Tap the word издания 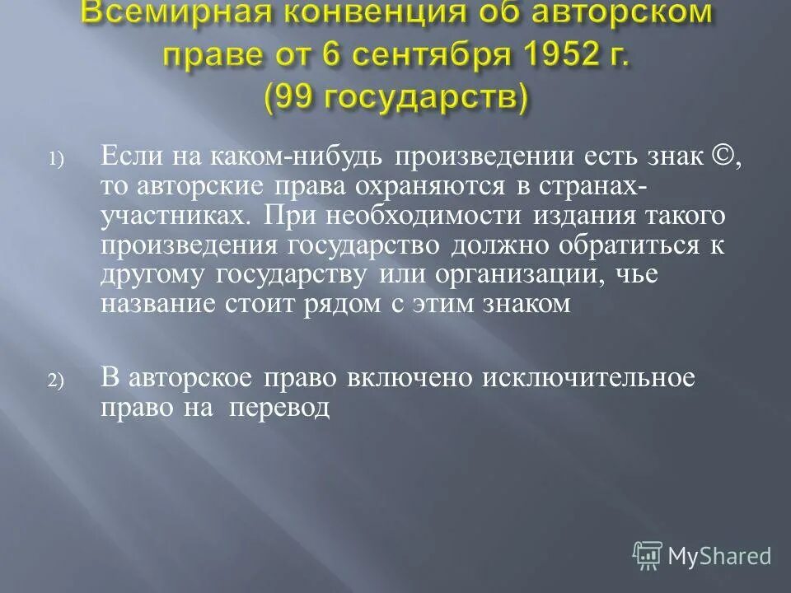click(579, 216)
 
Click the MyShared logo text click(719, 557)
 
